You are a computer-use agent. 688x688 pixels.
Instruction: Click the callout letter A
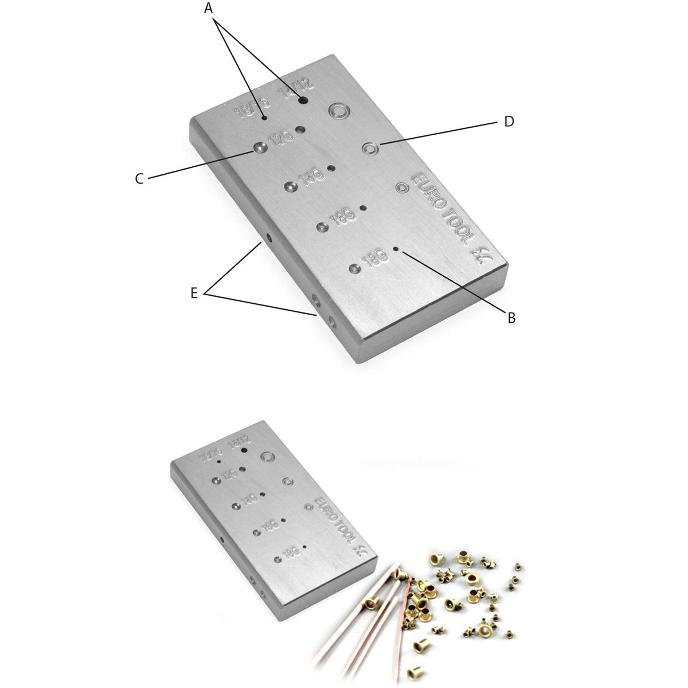(208, 8)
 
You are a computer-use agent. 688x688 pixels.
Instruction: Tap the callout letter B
(511, 317)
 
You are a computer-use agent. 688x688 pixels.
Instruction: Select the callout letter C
(139, 179)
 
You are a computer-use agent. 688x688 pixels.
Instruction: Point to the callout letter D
(509, 122)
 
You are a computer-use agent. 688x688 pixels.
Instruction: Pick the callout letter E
(194, 293)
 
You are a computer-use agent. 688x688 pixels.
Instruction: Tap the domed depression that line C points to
(260, 148)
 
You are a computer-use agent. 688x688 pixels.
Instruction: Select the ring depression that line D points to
(370, 149)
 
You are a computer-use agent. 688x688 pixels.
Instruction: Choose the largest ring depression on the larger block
(338, 111)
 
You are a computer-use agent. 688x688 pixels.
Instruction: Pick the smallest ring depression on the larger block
(401, 187)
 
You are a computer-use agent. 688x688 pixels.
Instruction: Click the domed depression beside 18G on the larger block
(354, 267)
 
